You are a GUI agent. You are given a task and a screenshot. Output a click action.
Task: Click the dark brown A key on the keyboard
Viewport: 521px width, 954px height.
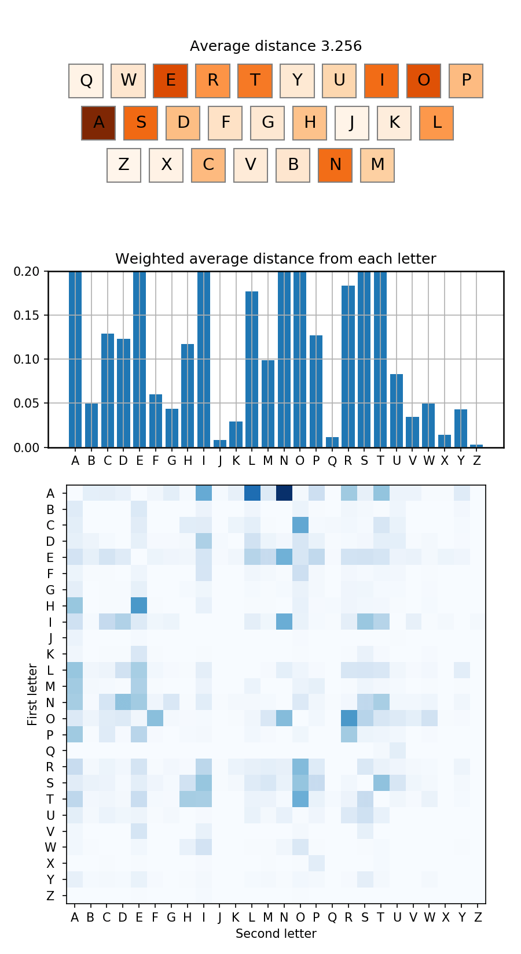point(98,123)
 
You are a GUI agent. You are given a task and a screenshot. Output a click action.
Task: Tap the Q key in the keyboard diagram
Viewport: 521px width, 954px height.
point(86,80)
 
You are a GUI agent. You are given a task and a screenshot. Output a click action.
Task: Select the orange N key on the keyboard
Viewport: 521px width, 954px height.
point(335,165)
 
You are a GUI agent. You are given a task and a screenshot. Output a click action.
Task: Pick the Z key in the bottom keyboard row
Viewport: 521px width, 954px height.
point(124,165)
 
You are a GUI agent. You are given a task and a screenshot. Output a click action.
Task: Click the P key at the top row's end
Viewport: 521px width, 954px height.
point(466,80)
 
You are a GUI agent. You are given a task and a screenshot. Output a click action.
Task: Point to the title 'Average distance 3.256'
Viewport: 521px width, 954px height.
point(276,46)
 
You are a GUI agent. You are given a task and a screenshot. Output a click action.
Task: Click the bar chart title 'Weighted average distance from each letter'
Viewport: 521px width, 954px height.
point(276,259)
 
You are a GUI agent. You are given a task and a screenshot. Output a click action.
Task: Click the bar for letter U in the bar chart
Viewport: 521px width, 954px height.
point(397,411)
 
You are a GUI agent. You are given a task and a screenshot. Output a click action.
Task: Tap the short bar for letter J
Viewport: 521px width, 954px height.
point(220,444)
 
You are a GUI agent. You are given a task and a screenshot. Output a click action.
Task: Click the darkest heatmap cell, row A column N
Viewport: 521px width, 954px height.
point(284,493)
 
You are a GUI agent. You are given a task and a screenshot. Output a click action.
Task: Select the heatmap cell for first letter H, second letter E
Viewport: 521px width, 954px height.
point(139,606)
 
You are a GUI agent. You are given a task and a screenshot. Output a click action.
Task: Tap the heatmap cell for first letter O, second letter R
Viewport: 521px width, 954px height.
point(348,719)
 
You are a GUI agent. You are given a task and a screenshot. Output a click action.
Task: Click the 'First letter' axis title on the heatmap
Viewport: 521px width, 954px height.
point(32,694)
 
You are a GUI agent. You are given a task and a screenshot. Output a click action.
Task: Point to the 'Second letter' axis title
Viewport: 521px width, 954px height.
point(276,933)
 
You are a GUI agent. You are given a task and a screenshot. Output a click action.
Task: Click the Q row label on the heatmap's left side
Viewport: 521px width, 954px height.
point(50,751)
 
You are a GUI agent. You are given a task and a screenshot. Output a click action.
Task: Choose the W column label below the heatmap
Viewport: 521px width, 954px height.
point(429,917)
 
